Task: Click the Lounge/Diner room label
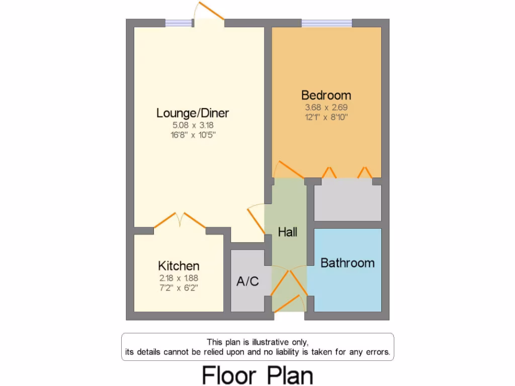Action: coord(193,113)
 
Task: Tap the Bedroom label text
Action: coord(326,95)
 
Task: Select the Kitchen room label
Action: coord(179,266)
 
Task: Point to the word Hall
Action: coord(288,232)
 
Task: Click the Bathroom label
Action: coord(348,263)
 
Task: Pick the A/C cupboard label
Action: coord(248,281)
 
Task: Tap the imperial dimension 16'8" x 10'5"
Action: coord(193,135)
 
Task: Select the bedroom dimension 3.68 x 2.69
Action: coord(326,107)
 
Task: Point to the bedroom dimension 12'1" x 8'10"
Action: coord(326,117)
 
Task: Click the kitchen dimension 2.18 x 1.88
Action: coord(179,277)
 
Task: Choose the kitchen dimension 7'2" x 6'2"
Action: coord(179,287)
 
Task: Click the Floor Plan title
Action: coord(257,375)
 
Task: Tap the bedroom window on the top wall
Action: coord(327,23)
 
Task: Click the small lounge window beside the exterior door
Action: coord(179,23)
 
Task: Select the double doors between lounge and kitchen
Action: coord(180,221)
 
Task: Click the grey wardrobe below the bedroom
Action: coord(348,202)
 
